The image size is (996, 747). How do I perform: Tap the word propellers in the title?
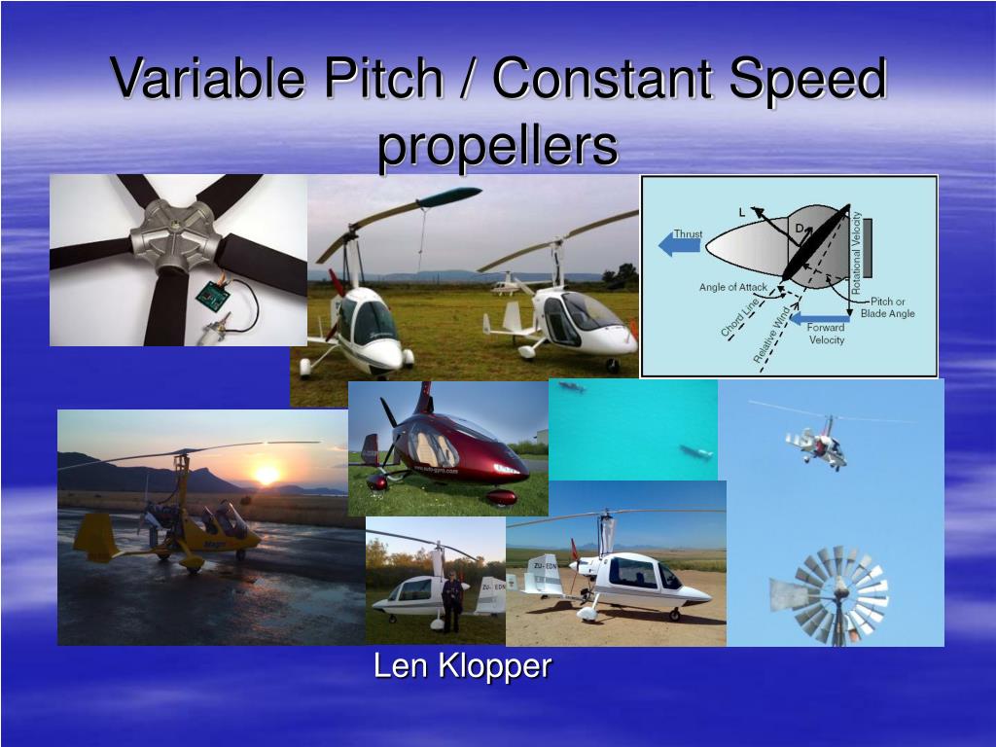498,146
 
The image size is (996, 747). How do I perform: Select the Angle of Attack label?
732,288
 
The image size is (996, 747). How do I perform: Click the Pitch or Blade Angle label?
887,307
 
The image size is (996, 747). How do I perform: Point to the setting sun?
266,475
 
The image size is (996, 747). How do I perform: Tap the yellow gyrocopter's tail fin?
95,536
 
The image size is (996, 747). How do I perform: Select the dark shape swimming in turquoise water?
694,452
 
